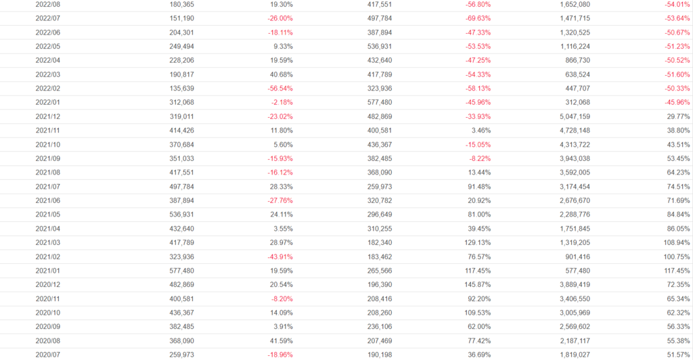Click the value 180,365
[x=182, y=4]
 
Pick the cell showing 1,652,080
[x=571, y=4]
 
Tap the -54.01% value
[x=677, y=4]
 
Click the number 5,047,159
[x=571, y=116]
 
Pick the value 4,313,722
[x=571, y=144]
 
